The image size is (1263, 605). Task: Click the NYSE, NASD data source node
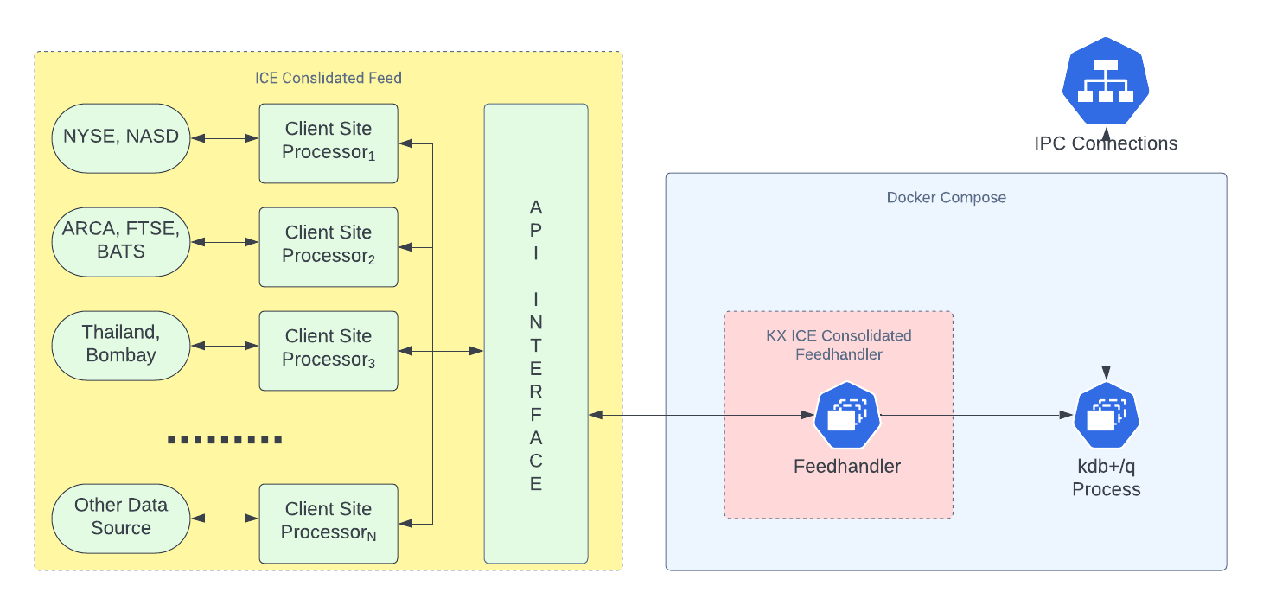pos(121,138)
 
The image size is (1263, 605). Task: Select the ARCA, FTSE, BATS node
pos(121,241)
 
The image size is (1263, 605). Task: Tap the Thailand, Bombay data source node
pos(121,345)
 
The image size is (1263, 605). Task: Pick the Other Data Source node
pos(121,518)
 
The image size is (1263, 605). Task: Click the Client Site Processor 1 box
pos(329,143)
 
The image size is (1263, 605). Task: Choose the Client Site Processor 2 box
pos(329,246)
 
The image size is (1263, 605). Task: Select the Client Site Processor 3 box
pos(329,350)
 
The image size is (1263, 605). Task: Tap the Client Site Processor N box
pos(329,523)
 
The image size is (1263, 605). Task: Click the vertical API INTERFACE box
pos(536,346)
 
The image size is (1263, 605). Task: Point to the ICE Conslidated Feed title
pos(329,78)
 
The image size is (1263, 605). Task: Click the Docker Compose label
pos(946,197)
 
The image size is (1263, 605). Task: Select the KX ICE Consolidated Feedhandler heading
pos(839,345)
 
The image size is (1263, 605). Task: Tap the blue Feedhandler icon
pos(847,416)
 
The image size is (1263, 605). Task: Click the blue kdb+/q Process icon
pos(1107,416)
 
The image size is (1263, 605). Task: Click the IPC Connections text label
pos(1107,143)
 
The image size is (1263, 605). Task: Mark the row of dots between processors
pos(225,440)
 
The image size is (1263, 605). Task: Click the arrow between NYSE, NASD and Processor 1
pos(225,138)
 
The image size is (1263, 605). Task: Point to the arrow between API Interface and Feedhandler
pos(700,416)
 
